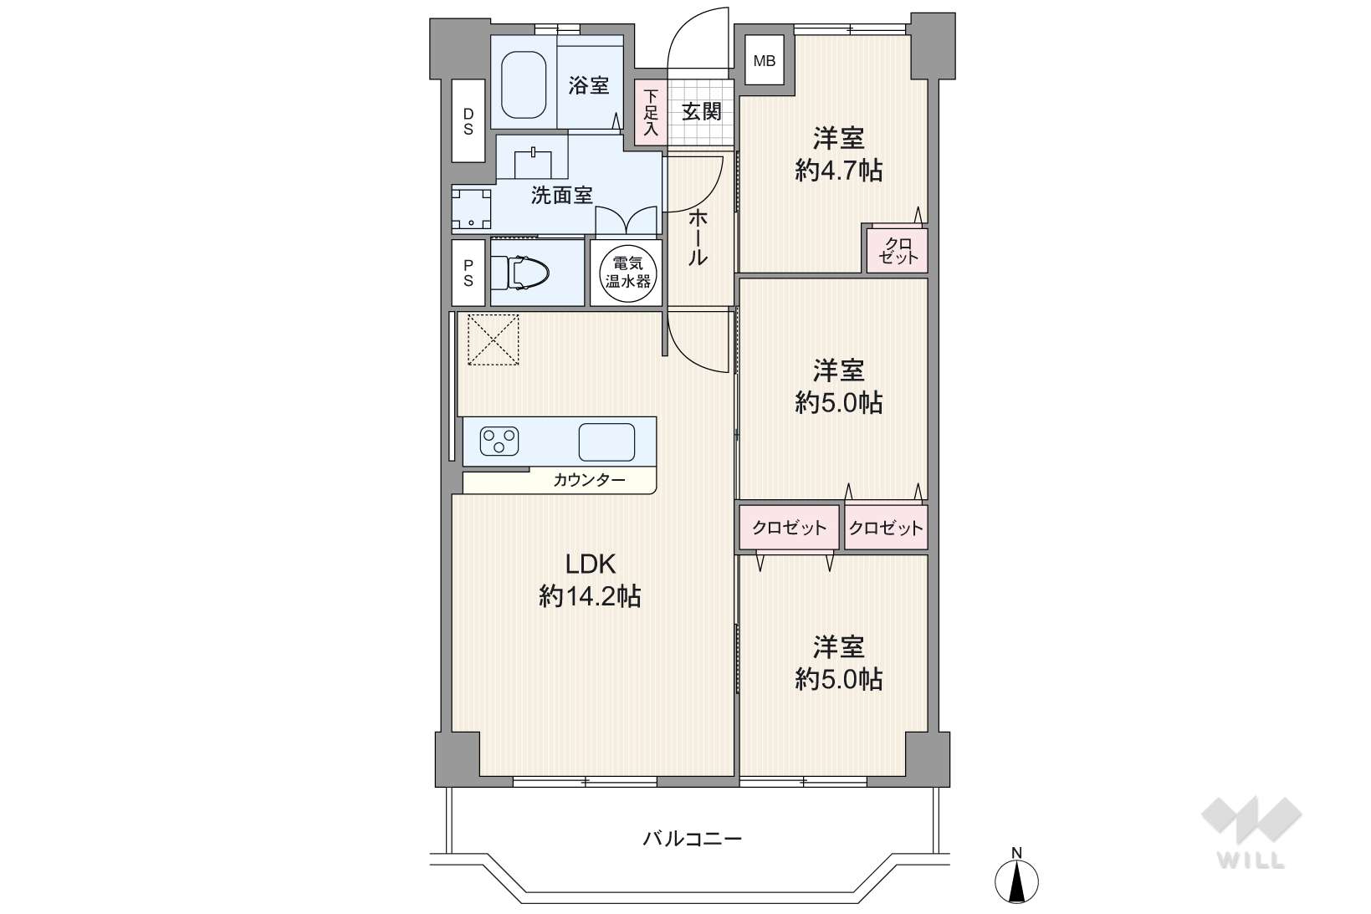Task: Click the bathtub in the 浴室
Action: point(524,84)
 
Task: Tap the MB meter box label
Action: point(765,61)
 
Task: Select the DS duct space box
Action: point(468,121)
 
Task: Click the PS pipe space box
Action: point(468,273)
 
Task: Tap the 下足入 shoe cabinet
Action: point(651,113)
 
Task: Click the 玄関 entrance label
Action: point(702,112)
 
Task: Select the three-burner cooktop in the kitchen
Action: point(499,441)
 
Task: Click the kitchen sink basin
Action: point(606,442)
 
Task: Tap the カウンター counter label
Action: point(589,480)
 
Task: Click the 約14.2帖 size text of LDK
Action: point(590,596)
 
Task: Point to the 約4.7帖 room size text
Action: point(838,171)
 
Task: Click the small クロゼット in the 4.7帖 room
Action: point(898,251)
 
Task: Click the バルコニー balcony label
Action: point(693,838)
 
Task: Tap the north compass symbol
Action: point(1016,877)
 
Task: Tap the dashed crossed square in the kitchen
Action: point(494,340)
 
